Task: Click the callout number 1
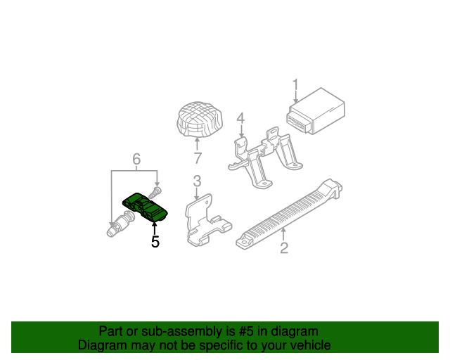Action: [295, 86]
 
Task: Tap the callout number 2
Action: [284, 247]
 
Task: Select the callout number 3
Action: [197, 181]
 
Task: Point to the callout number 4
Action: [240, 118]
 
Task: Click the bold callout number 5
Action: [155, 242]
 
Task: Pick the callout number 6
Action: [136, 159]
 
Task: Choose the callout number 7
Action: [198, 158]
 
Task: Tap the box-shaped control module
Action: [316, 111]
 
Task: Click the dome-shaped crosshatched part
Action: [200, 119]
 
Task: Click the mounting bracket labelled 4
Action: [266, 158]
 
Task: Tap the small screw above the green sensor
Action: [155, 192]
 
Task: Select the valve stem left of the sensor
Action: [120, 224]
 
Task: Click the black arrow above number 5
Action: [155, 229]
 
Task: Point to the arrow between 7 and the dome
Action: [197, 145]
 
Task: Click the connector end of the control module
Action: [297, 122]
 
